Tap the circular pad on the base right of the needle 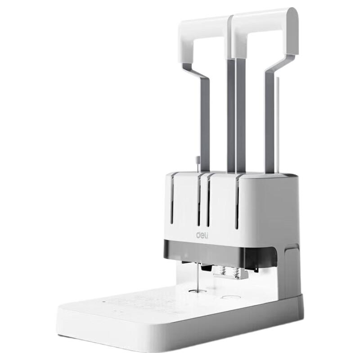click(229, 297)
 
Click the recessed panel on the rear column click(291, 270)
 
